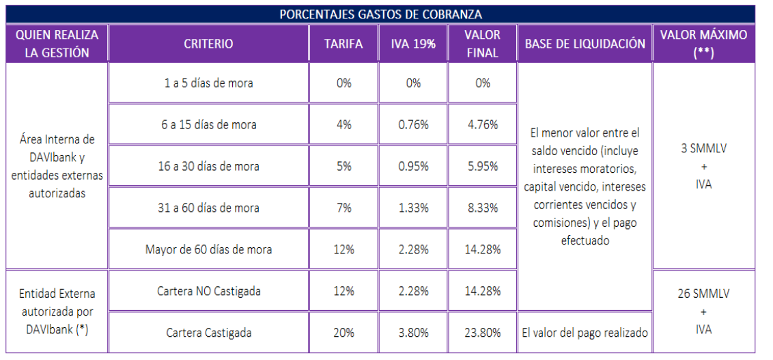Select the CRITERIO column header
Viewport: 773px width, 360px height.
pos(208,44)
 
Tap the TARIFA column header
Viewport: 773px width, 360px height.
pos(343,44)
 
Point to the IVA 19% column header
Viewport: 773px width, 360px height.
pos(413,44)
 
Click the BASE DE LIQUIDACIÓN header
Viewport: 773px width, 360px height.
pos(585,44)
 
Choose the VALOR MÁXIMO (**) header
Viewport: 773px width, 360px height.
pos(703,44)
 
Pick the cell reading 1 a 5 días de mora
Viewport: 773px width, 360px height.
pos(208,83)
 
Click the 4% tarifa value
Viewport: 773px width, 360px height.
pos(343,125)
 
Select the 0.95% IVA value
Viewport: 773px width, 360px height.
pos(413,167)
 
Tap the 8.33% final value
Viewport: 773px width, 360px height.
pos(483,208)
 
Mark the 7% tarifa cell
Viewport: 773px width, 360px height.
pos(343,208)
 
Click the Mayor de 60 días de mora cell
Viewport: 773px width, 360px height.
pos(208,250)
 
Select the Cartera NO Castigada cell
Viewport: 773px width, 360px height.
pos(208,291)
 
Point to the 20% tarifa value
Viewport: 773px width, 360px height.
pos(343,333)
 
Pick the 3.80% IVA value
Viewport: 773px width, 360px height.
pos(413,333)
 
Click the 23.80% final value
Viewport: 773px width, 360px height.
pos(483,333)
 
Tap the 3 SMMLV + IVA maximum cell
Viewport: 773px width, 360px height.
pos(703,167)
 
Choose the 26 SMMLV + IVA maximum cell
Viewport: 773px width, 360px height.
pos(703,312)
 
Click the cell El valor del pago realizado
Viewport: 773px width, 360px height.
pos(585,333)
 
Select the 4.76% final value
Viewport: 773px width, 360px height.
pos(483,125)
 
